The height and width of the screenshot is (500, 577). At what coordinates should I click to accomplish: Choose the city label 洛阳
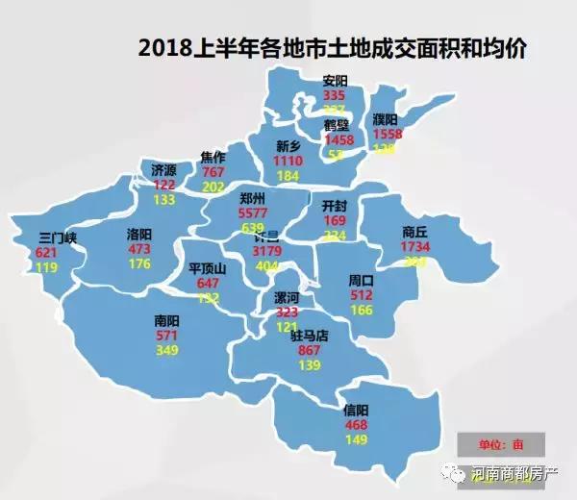[x=139, y=234]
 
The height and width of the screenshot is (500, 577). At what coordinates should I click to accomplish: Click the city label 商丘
[x=415, y=231]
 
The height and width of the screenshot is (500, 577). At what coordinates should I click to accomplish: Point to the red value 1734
[x=415, y=247]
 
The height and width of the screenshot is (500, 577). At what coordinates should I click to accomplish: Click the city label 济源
[x=164, y=169]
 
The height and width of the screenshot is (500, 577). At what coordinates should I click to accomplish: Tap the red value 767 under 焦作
[x=213, y=172]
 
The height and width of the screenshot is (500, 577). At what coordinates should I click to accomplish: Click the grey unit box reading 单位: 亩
[x=501, y=444]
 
